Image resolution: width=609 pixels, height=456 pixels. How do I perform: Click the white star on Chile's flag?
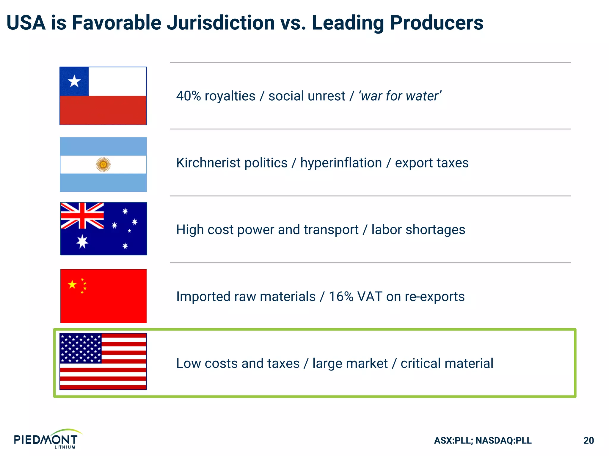pyautogui.click(x=74, y=81)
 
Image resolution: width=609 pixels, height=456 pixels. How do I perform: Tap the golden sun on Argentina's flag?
pyautogui.click(x=103, y=164)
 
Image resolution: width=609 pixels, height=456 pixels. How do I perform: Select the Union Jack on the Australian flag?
pyautogui.click(x=82, y=216)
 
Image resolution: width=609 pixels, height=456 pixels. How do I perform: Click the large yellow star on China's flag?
pyautogui.click(x=72, y=284)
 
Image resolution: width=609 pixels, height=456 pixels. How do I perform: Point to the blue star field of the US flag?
pyautogui.click(x=81, y=348)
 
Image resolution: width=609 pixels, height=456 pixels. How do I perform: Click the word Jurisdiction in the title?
pyautogui.click(x=221, y=23)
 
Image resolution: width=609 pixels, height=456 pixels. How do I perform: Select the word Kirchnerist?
pyautogui.click(x=232, y=163)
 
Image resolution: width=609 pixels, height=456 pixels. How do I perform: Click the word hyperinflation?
pyautogui.click(x=341, y=163)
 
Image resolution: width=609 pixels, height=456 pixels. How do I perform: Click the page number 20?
pyautogui.click(x=588, y=440)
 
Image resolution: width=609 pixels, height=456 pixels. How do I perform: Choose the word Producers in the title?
pyautogui.click(x=436, y=23)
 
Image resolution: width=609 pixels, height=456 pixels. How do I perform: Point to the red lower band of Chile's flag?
pyautogui.click(x=103, y=110)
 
